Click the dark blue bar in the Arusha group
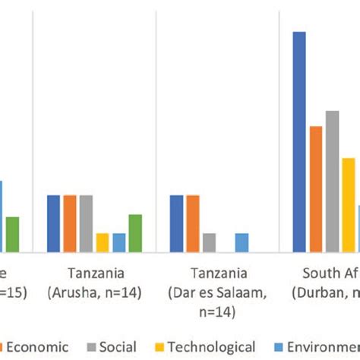tap(54, 223)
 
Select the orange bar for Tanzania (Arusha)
tap(70, 223)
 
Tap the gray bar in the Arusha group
tap(86, 223)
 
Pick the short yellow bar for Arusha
tap(103, 242)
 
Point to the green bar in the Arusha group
tap(135, 233)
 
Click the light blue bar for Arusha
tap(119, 242)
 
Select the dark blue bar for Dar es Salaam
tap(176, 223)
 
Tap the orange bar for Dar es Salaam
tap(193, 223)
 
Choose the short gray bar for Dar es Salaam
tap(209, 242)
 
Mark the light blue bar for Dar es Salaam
tap(242, 242)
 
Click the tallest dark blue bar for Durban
tap(299, 141)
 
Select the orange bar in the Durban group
tap(316, 188)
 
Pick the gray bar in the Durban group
tap(332, 181)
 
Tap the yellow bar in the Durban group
tap(348, 204)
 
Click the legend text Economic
tap(43, 347)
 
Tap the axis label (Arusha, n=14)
tap(95, 292)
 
